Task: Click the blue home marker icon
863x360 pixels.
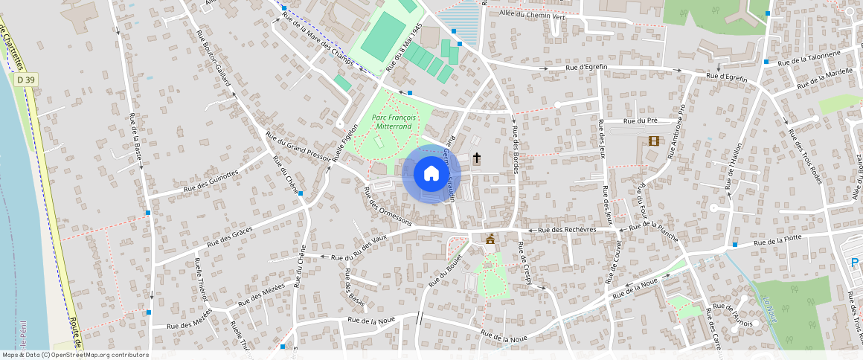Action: [431, 173]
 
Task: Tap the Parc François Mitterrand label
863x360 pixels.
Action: [394, 122]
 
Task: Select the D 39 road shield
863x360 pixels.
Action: [25, 80]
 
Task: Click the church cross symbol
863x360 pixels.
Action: [476, 158]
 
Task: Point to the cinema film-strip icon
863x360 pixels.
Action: [653, 141]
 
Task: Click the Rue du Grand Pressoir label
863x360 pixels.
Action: [298, 147]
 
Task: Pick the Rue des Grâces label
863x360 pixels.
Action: [231, 236]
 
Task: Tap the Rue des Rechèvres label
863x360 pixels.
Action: [567, 230]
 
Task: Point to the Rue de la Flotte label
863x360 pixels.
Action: [777, 240]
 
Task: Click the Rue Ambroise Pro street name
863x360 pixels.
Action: [676, 131]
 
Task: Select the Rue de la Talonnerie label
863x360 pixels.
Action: [809, 57]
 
